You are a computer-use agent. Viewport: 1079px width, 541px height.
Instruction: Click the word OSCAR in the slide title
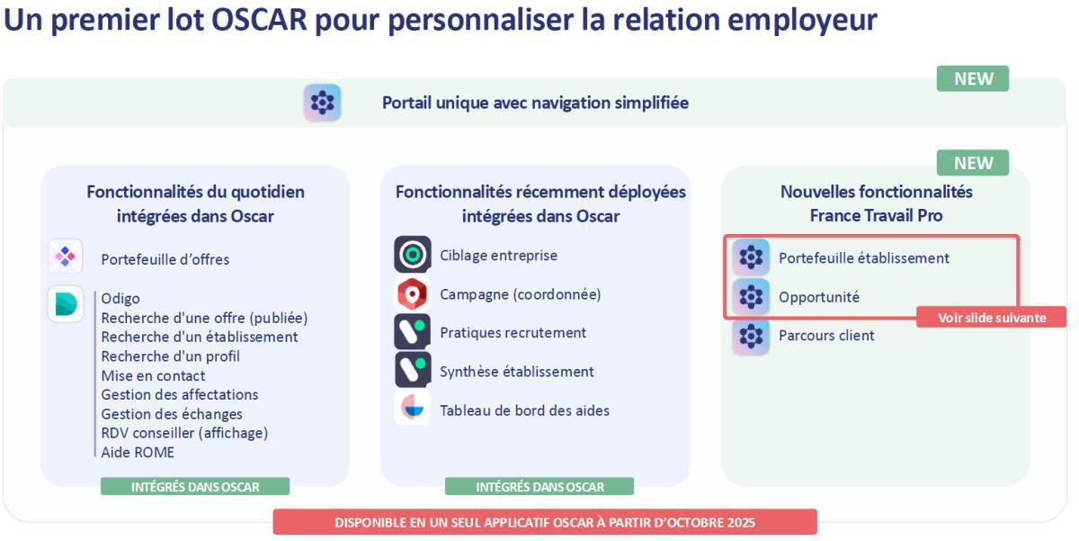coord(259,20)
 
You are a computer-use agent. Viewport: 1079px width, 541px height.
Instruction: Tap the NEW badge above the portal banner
coord(973,78)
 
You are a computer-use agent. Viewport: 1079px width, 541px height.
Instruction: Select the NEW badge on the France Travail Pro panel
coord(973,163)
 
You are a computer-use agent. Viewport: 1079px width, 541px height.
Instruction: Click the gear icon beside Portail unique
coord(322,103)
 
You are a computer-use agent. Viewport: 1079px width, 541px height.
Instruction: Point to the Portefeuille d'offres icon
coord(66,257)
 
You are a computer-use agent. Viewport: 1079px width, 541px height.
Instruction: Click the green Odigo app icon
coord(66,303)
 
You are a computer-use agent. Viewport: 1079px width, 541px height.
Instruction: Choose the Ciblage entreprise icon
coord(413,254)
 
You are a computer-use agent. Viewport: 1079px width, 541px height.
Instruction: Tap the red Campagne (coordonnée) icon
coord(413,293)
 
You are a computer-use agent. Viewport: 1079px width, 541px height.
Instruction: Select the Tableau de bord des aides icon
coord(413,408)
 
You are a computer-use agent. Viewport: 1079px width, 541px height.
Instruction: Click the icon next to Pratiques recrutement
coord(413,332)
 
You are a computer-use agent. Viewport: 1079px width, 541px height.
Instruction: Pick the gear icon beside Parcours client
coord(751,337)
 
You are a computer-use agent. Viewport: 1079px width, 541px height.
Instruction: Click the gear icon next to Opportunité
coord(751,296)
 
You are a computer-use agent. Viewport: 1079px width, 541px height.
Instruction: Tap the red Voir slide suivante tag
coord(991,318)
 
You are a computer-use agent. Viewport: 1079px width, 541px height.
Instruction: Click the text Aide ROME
coord(138,452)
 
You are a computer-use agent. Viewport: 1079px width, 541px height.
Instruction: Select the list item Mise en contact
coord(153,375)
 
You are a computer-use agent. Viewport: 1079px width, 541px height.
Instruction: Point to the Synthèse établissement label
coord(517,371)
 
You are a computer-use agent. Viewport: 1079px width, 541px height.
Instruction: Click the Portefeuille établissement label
coord(864,258)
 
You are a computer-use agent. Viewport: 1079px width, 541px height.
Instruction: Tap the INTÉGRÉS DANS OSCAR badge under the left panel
coord(195,486)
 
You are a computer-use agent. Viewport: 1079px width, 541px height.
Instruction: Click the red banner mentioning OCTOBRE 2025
coord(545,522)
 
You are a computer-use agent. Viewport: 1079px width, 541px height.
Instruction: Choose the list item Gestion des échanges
coord(172,414)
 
